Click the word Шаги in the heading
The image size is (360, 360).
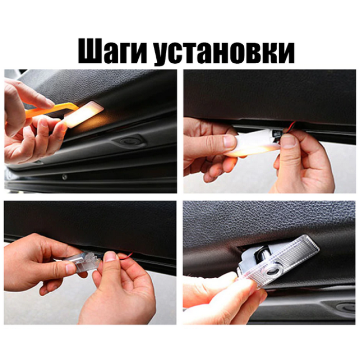(x=112, y=51)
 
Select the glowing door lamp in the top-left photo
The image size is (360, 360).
(x=83, y=114)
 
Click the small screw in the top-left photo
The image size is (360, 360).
(x=65, y=177)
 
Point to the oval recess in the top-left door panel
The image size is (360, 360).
(x=129, y=141)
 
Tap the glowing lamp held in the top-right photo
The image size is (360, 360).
(x=252, y=143)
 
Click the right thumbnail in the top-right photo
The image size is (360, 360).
(x=289, y=141)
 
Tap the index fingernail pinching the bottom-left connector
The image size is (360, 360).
(x=110, y=256)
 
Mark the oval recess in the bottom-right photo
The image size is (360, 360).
(x=346, y=307)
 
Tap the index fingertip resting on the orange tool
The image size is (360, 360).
(x=47, y=103)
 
